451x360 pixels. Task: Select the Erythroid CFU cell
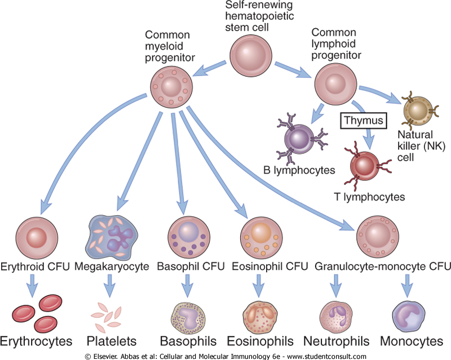[36, 237]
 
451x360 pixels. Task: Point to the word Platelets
[112, 341]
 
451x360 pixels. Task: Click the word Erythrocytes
[37, 341]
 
